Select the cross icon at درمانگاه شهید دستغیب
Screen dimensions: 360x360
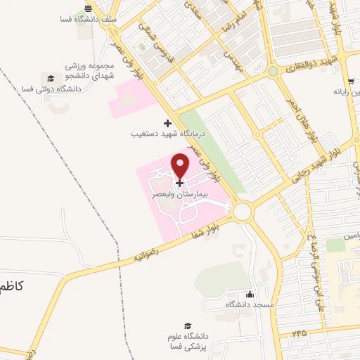coord(167,123)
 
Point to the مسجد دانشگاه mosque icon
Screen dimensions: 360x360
coord(249,295)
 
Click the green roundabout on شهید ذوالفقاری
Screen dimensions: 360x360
coord(273,71)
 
